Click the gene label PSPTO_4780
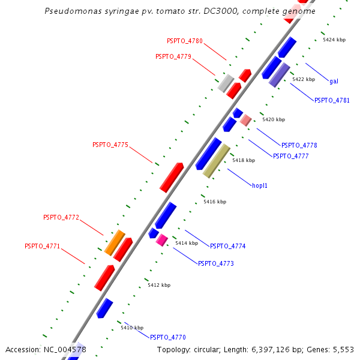pyautogui.click(x=185, y=41)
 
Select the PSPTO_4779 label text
pyautogui.click(x=173, y=56)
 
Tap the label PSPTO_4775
pyautogui.click(x=110, y=145)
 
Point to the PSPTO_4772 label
pyautogui.click(x=61, y=217)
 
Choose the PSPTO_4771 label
pyautogui.click(x=43, y=246)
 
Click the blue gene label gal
pyautogui.click(x=334, y=81)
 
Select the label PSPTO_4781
pyautogui.click(x=332, y=100)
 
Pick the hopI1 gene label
pyautogui.click(x=260, y=185)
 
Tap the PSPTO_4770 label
pyautogui.click(x=168, y=337)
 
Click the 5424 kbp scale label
pyautogui.click(x=334, y=40)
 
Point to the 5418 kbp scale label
pyautogui.click(x=244, y=160)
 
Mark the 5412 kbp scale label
pyautogui.click(x=159, y=285)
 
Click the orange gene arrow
pyautogui.click(x=115, y=242)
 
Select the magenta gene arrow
pyautogui.click(x=161, y=240)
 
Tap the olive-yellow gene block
pyautogui.click(x=217, y=161)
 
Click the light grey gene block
pyautogui.click(x=226, y=83)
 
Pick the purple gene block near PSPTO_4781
pyautogui.click(x=280, y=75)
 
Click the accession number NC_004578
pyautogui.click(x=65, y=349)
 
